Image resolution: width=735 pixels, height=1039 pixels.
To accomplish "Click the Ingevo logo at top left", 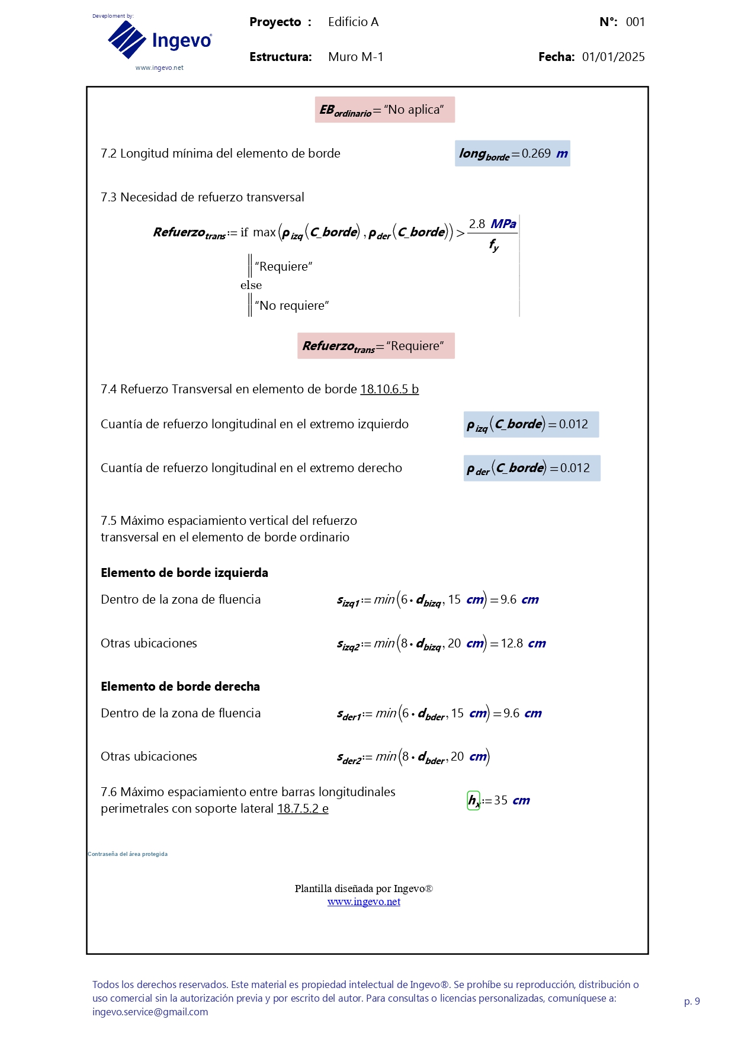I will tap(159, 40).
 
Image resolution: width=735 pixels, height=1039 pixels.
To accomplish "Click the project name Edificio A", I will tap(353, 22).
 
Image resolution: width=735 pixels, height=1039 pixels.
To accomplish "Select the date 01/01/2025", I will tap(613, 57).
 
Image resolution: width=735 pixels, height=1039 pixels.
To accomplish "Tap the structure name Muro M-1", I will tap(355, 57).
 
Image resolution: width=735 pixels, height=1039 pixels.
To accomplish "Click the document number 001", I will tap(635, 22).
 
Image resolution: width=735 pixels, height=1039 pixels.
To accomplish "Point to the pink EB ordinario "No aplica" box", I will tap(384, 110).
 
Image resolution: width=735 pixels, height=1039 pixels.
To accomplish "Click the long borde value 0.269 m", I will tap(512, 153).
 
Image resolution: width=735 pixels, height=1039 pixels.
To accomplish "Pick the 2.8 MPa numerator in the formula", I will tap(492, 224).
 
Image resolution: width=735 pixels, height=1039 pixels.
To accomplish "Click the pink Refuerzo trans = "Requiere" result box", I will tap(375, 346).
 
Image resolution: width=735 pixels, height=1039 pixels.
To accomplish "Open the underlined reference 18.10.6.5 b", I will tap(389, 389).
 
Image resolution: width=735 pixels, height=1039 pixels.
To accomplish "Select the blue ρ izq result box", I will tap(531, 424).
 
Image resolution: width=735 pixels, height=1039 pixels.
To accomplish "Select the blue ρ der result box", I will tap(531, 468).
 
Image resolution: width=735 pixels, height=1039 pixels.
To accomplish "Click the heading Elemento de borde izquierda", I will tap(184, 573).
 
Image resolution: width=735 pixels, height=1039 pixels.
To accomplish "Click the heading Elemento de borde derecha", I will tap(180, 687).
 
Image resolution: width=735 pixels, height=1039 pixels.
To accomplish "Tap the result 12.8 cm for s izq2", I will tap(523, 643).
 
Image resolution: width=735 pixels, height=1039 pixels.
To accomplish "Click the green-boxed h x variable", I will tap(474, 801).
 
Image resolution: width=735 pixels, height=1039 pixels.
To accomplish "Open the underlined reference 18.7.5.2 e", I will tap(303, 809).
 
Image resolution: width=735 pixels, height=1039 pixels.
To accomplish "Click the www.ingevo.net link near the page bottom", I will tap(364, 902).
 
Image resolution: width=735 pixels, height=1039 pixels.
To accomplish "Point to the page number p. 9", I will tap(692, 1001).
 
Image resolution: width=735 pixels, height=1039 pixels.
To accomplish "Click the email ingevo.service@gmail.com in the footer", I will tap(150, 1012).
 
